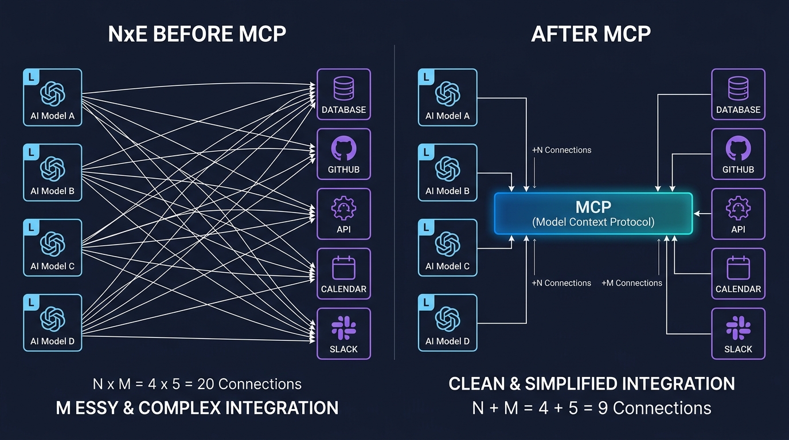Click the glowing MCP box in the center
pos(593,213)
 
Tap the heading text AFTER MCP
pos(591,34)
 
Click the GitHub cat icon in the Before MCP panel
pos(344,149)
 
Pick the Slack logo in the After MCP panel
pos(738,328)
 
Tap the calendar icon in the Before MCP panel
pos(344,268)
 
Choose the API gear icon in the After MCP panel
pos(738,209)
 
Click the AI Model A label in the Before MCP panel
pos(52,116)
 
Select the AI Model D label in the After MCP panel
pos(447,341)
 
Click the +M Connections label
pos(631,283)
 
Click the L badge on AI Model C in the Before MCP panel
pos(31,227)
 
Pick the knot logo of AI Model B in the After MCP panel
pos(447,168)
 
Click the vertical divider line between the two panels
pos(394,201)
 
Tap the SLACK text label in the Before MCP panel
pos(344,349)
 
